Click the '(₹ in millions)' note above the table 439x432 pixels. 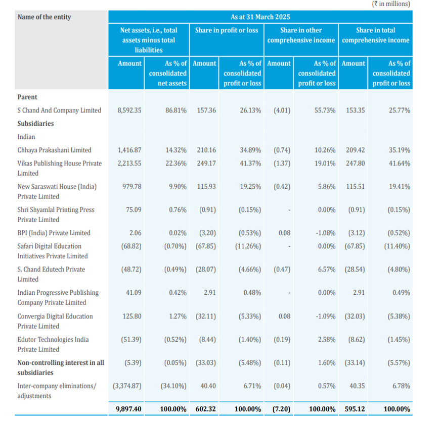391,4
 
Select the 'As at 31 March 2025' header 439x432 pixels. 260,17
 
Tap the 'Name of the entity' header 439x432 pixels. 44,17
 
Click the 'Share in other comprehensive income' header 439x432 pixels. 301,35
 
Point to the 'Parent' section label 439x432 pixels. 27,97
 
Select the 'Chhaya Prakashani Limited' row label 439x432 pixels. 54,150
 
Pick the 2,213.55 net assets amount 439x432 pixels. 129,163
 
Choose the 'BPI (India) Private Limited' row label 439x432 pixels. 54,233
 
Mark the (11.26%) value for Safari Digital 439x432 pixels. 250,246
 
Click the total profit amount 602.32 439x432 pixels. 204,409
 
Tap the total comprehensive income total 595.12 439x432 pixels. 353,409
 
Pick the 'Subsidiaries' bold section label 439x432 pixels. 35,123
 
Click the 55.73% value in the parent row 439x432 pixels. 325,110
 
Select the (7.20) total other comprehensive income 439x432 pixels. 279,409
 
